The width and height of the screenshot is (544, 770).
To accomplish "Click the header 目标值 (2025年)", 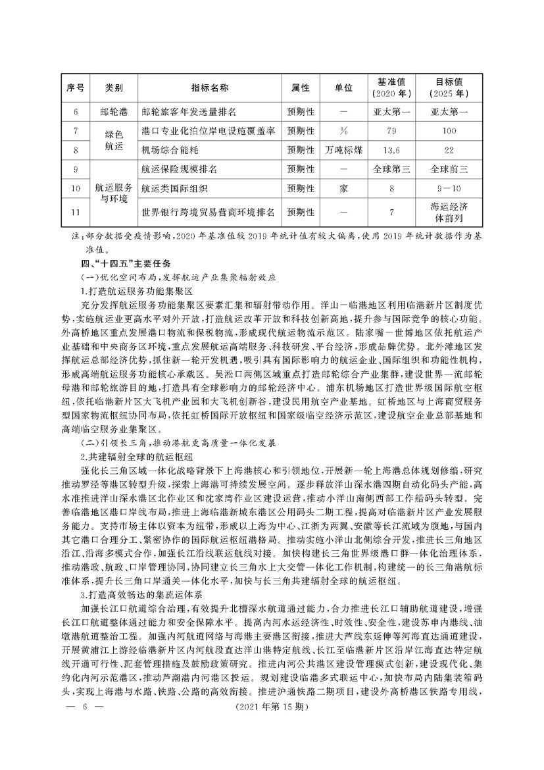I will [451, 87].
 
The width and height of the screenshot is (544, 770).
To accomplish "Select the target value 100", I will [451, 131].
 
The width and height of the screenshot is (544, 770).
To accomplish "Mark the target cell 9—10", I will [451, 188].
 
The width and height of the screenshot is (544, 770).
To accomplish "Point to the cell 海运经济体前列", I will [451, 212].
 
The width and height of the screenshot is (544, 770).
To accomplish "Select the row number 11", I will [76, 212].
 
